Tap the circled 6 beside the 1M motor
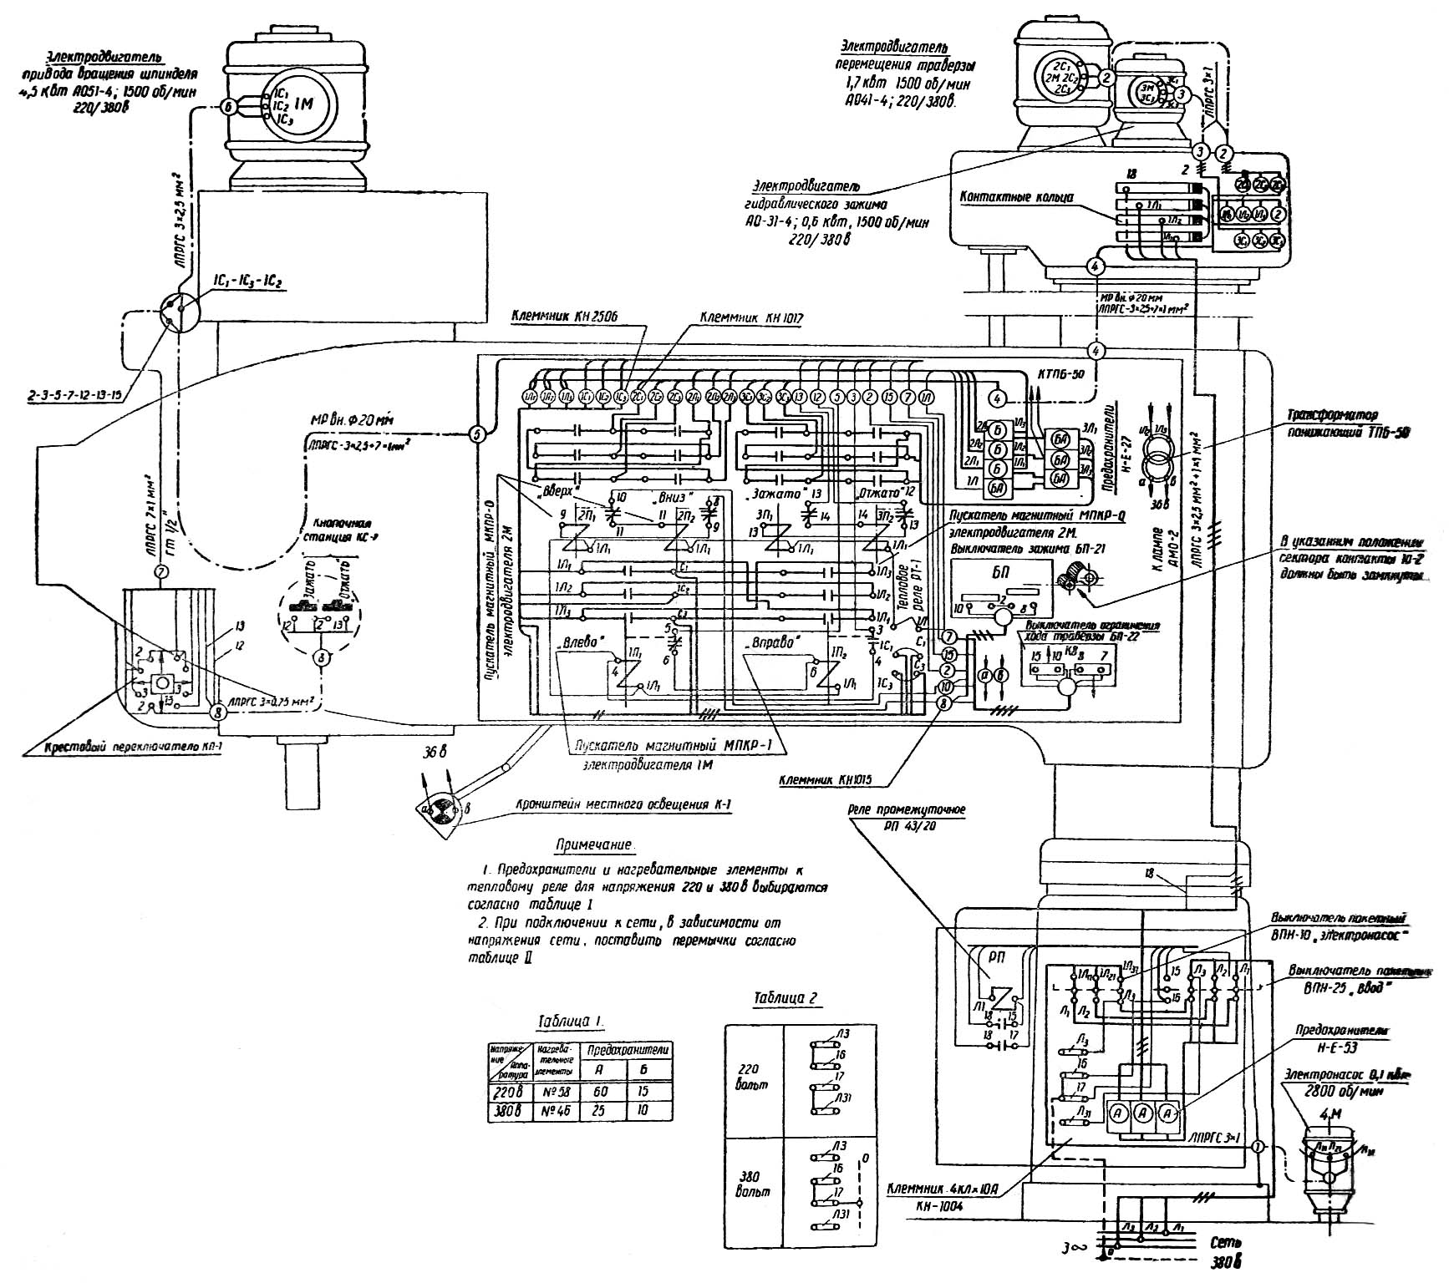[x=228, y=106]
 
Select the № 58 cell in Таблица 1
[x=552, y=1091]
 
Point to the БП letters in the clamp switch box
[x=1000, y=576]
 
